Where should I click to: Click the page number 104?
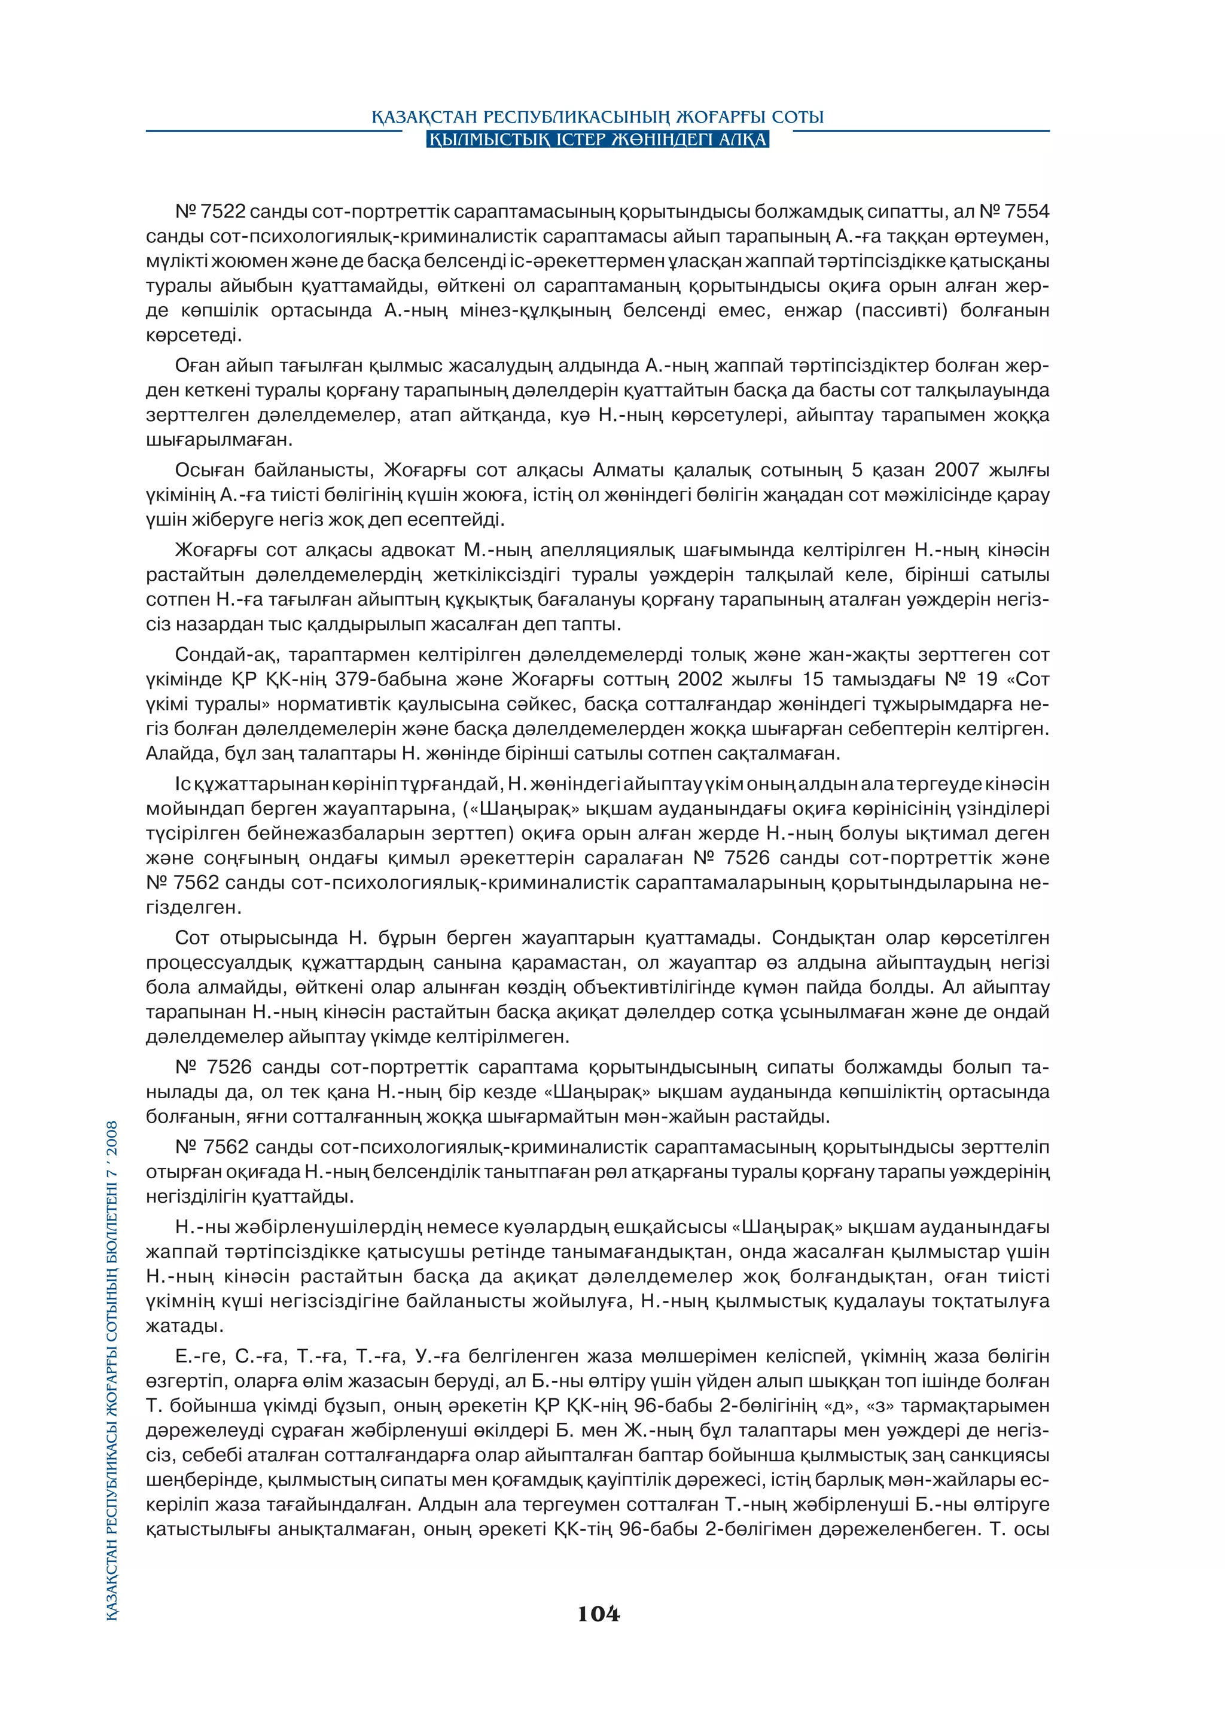pyautogui.click(x=598, y=1614)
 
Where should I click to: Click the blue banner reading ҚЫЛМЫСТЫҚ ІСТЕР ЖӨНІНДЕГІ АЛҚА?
pyautogui.click(x=598, y=139)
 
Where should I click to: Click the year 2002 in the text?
pyautogui.click(x=700, y=679)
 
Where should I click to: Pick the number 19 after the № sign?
pyautogui.click(x=986, y=679)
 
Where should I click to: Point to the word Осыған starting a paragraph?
pyautogui.click(x=209, y=471)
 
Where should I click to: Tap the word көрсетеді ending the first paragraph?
pyautogui.click(x=194, y=336)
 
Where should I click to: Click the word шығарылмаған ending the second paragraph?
pyautogui.click(x=219, y=440)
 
